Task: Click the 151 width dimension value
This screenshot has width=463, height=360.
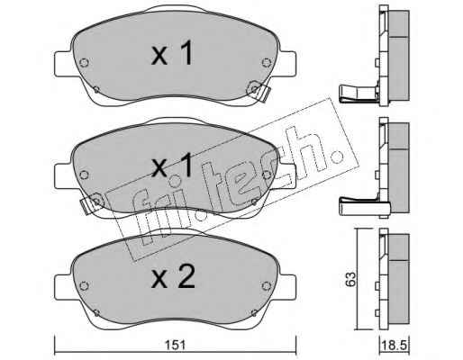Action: click(175, 345)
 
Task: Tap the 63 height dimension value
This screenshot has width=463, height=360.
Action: click(350, 279)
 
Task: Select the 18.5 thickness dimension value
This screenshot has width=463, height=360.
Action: click(395, 346)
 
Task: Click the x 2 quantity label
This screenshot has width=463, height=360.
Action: click(173, 277)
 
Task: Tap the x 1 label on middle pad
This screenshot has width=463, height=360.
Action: click(172, 165)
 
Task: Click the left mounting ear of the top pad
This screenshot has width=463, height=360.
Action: click(63, 64)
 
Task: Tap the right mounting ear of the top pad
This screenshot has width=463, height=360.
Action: click(287, 64)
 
